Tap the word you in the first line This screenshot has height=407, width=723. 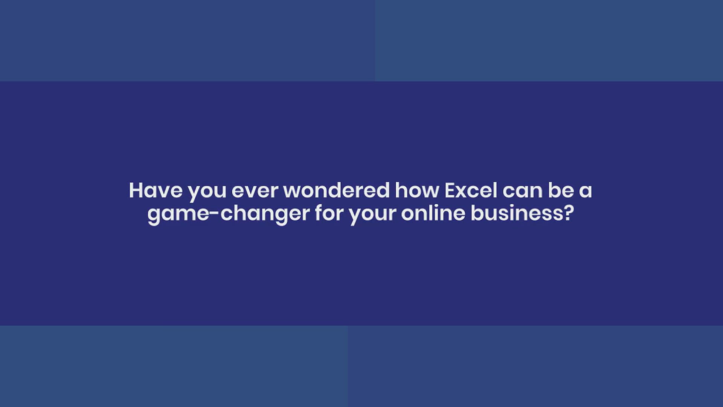click(x=207, y=193)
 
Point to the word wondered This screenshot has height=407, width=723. click(x=336, y=190)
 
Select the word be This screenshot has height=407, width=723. click(x=561, y=190)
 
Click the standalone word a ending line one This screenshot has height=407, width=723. click(x=586, y=192)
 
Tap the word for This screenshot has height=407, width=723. click(x=329, y=213)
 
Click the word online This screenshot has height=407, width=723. click(x=433, y=213)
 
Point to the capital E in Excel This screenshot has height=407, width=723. click(x=451, y=191)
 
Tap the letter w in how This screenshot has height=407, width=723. click(x=429, y=193)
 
